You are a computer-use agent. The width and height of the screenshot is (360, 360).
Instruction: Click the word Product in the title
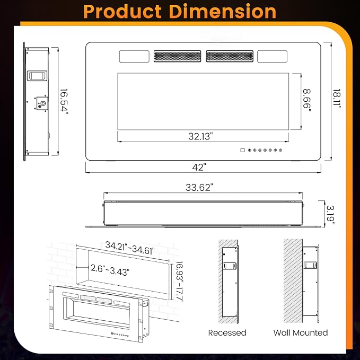(x=122, y=12)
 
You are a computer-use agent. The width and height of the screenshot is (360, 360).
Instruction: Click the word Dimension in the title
(x=223, y=12)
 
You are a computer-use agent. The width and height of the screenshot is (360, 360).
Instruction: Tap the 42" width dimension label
(x=199, y=168)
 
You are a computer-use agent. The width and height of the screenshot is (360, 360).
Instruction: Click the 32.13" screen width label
(x=199, y=136)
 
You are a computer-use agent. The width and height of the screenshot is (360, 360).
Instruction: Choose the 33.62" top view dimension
(x=198, y=188)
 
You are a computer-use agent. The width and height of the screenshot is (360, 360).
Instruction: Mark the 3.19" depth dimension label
(x=330, y=215)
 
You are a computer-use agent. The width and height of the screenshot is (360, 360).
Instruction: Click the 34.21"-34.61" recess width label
(x=130, y=248)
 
